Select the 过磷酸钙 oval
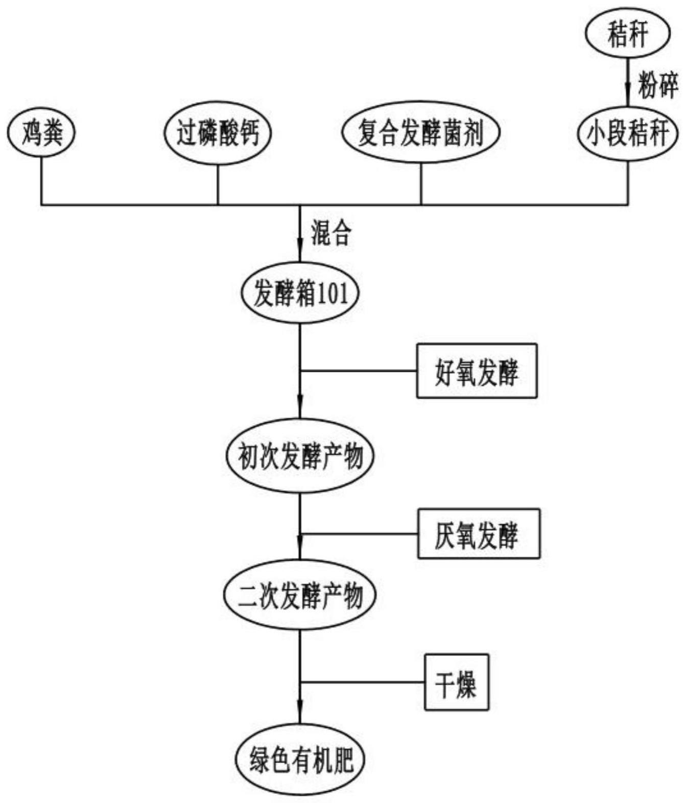coord(218,133)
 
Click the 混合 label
coord(331,234)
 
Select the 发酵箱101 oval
coord(300,294)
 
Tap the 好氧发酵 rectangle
coord(477,371)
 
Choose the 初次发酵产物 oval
coord(300,456)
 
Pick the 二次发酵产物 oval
coord(300,595)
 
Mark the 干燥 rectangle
coord(456,682)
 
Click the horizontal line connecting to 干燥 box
coord(363,682)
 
